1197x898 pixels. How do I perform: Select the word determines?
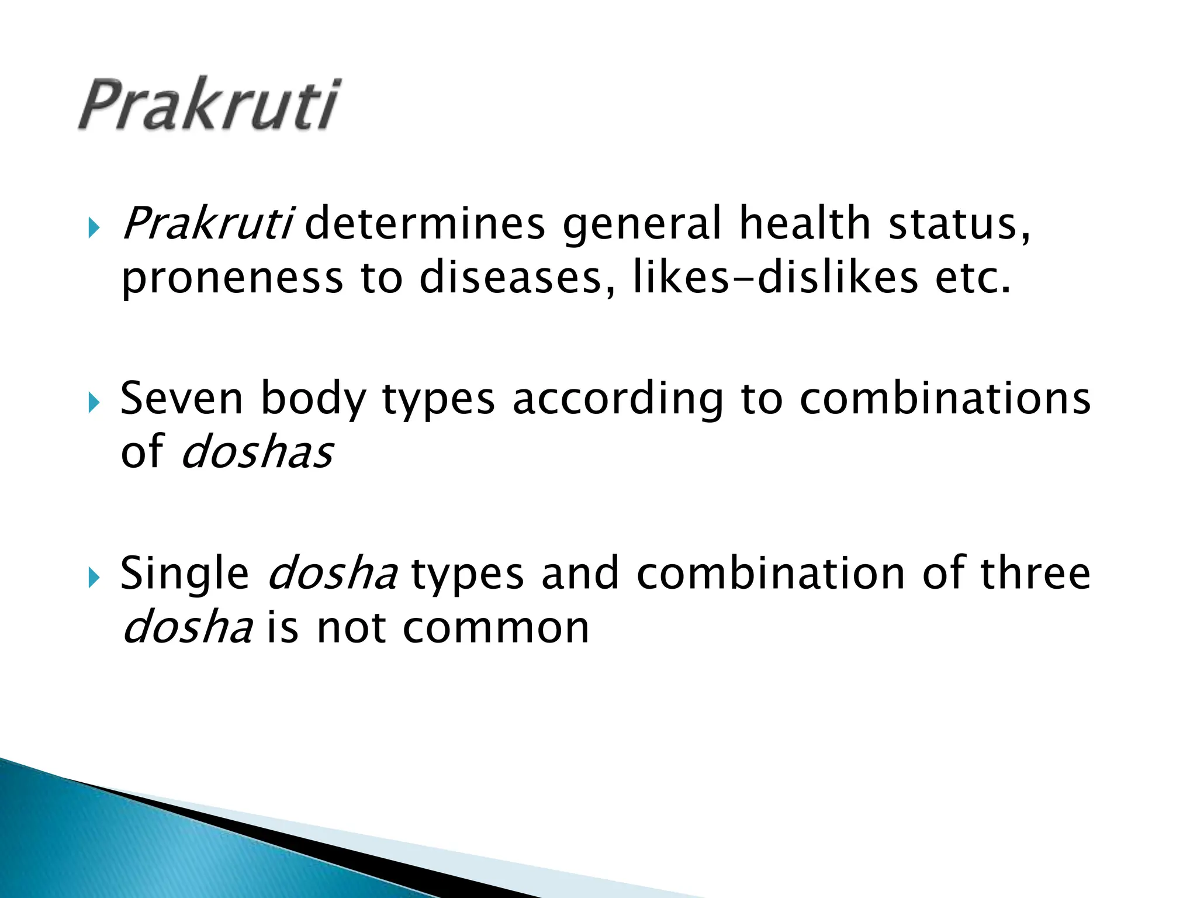[425, 224]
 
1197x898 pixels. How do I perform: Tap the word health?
[805, 224]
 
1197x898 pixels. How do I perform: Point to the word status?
[959, 224]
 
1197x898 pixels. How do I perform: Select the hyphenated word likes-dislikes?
[776, 278]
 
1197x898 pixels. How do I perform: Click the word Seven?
[181, 399]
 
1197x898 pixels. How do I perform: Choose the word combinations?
[945, 399]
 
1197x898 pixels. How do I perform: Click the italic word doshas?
[257, 453]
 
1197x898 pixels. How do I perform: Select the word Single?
[185, 575]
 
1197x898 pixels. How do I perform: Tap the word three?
[1035, 574]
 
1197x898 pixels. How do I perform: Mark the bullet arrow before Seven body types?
[94, 403]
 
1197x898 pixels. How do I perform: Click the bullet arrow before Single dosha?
[94, 578]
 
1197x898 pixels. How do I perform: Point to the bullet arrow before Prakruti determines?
[94, 228]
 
